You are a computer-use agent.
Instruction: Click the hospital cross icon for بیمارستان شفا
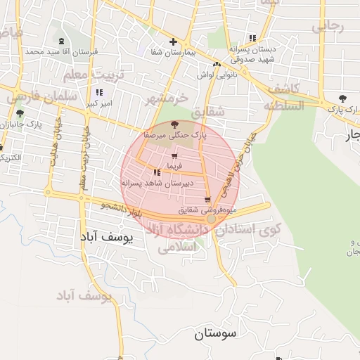click(x=174, y=42)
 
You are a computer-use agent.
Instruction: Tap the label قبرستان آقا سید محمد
click(x=56, y=52)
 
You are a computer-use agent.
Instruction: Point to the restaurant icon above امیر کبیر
click(x=98, y=93)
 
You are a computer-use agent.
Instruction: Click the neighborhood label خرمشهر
click(x=167, y=99)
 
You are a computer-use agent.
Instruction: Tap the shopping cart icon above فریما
click(x=174, y=156)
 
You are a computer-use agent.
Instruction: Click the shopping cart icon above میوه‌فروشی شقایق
click(x=207, y=200)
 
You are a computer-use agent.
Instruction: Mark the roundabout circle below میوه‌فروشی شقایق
click(x=211, y=219)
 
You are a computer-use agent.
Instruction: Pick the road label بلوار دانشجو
click(x=124, y=210)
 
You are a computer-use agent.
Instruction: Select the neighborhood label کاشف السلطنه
click(x=283, y=97)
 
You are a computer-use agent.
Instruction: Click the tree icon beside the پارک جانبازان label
click(x=19, y=113)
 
